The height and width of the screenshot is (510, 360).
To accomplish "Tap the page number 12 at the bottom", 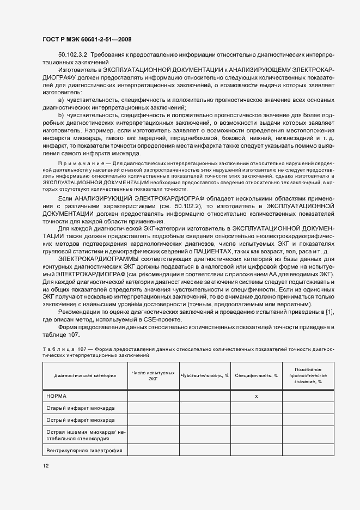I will click(46, 466).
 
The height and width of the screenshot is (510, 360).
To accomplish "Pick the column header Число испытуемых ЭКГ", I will click(153, 375).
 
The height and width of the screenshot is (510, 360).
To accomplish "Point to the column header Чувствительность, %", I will click(204, 375).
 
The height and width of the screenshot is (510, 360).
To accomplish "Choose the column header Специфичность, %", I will click(256, 375).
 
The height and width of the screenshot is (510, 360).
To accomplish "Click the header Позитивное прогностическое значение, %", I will click(308, 375).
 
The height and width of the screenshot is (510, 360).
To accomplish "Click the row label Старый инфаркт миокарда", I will click(76, 408).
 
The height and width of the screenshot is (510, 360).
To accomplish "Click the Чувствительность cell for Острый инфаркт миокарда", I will click(204, 421).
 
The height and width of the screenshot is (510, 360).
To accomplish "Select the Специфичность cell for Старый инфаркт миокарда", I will click(256, 408).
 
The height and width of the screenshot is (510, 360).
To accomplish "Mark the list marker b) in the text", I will click(61, 116).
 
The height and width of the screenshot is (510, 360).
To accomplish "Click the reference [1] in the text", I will click(329, 311).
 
